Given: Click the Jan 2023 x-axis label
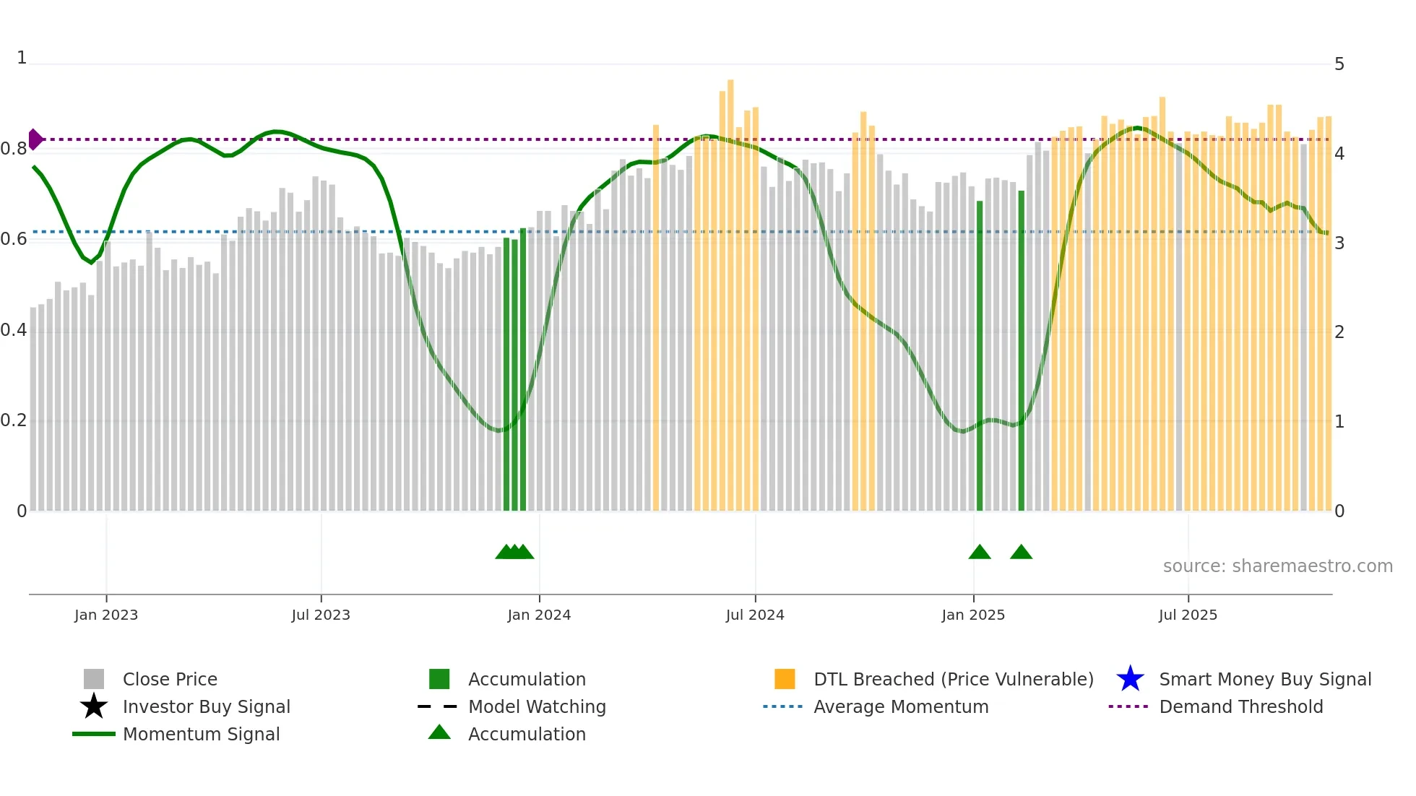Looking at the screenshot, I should pos(105,615).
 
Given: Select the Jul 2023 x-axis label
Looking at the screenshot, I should pos(321,615).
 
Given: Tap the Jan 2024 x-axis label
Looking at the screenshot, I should pos(539,615).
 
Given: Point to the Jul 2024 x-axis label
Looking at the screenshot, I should pos(755,615).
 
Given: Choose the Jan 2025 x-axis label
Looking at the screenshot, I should pos(973,615).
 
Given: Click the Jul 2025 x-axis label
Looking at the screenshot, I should pos(1188,615).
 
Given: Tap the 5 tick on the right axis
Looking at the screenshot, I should pos(1339,64).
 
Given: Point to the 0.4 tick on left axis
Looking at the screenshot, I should pos(14,330).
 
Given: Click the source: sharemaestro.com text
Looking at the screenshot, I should pos(1277,566).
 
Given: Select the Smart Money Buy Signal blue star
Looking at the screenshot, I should pos(1130,679).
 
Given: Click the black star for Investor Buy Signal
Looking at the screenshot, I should pos(94,706).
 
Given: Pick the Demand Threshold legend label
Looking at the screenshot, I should pos(1241,706).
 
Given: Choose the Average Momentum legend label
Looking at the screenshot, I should pos(901,706).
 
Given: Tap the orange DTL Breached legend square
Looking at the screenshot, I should pos(785,679).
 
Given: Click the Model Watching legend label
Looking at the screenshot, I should pos(537,706).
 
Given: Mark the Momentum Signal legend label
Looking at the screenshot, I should pos(201,734).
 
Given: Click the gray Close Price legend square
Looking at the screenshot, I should pos(94,679).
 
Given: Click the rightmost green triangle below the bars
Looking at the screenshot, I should pos(1021,553).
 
